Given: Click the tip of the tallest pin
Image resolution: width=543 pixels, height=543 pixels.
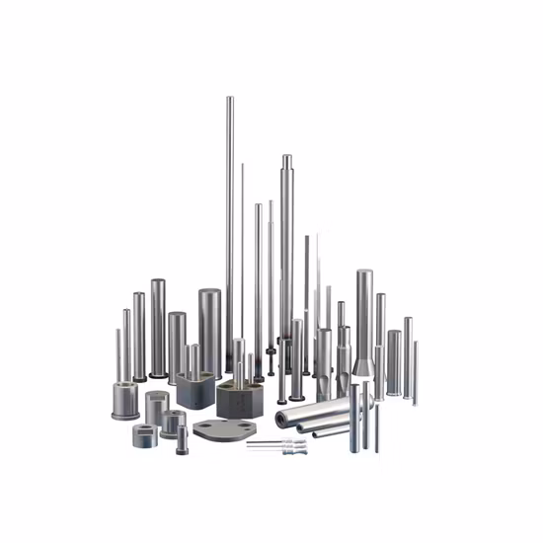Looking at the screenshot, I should [x=229, y=98].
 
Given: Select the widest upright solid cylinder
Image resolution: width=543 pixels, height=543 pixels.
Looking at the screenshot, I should [x=210, y=331].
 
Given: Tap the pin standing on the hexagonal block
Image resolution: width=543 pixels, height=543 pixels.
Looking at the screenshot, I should [x=238, y=360].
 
